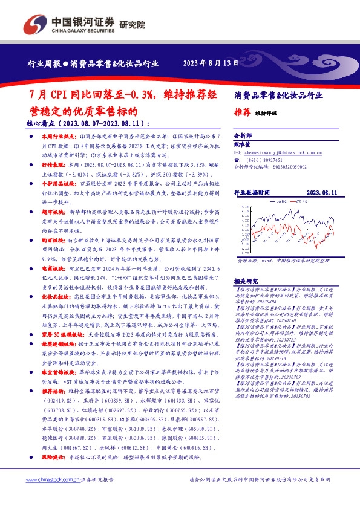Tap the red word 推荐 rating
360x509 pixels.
(x=242, y=112)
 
